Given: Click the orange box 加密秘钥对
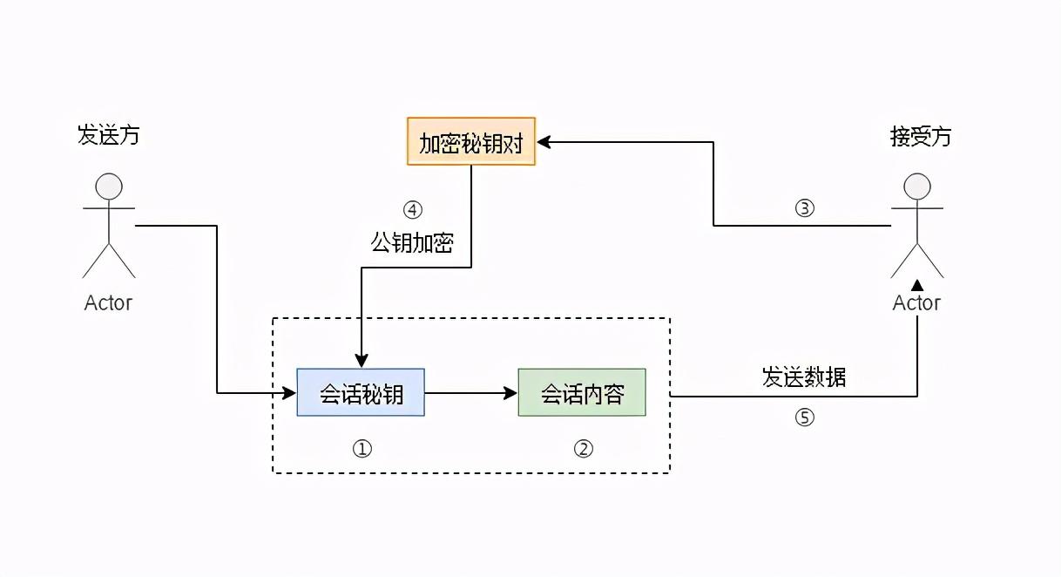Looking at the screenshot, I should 470,142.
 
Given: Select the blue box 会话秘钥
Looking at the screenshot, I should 361,393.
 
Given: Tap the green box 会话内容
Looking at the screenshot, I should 582,393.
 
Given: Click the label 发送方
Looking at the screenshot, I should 108,136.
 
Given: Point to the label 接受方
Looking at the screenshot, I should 921,136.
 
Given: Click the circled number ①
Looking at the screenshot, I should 362,448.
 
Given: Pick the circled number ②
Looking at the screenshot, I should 583,448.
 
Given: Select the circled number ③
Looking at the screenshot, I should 804,208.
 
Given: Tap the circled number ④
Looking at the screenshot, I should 412,210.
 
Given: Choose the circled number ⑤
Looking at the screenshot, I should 804,417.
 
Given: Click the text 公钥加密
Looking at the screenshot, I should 412,243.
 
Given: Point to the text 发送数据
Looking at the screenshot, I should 804,377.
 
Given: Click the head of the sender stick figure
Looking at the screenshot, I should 109,187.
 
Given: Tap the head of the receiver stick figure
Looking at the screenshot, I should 917,187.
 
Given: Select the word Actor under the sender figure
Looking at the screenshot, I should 108,303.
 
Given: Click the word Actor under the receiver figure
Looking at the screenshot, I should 916,303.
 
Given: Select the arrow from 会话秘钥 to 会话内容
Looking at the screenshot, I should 470,393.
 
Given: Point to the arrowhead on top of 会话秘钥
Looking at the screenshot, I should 361,361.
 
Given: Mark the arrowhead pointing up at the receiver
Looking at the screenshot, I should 917,284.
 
